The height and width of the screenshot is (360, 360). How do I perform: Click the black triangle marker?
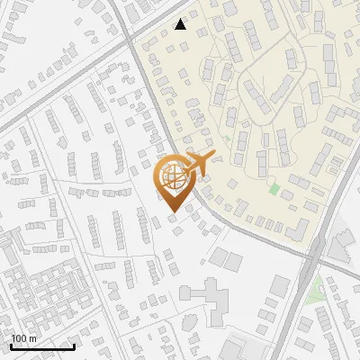181,24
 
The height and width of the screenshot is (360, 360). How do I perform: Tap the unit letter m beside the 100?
33,338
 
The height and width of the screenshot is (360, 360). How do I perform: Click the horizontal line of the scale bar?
42,346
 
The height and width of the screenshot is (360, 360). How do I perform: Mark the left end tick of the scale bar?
11,345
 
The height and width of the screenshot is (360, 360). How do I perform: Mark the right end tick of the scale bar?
74,345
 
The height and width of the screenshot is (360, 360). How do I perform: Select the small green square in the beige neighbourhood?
274,189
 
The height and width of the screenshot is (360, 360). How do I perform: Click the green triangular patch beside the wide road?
314,290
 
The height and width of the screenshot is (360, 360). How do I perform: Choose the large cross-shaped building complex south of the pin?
209,297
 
